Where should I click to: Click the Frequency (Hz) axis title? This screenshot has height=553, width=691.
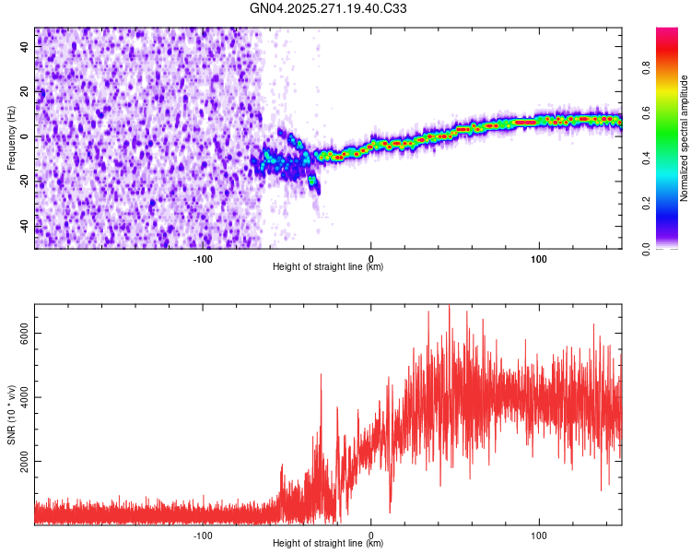[x=11, y=138]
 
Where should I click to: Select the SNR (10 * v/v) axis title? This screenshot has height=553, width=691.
[x=11, y=415]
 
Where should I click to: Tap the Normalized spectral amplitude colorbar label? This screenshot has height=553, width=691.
[x=685, y=138]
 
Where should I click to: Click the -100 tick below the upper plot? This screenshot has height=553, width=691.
[x=203, y=258]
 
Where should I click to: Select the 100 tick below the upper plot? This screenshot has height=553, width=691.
[x=539, y=258]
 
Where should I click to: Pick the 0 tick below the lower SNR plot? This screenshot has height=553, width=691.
[x=370, y=534]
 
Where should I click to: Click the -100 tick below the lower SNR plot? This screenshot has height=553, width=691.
[x=203, y=534]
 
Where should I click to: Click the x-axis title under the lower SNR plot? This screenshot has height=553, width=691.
[x=328, y=544]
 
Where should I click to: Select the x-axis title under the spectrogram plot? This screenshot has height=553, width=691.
[x=328, y=267]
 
